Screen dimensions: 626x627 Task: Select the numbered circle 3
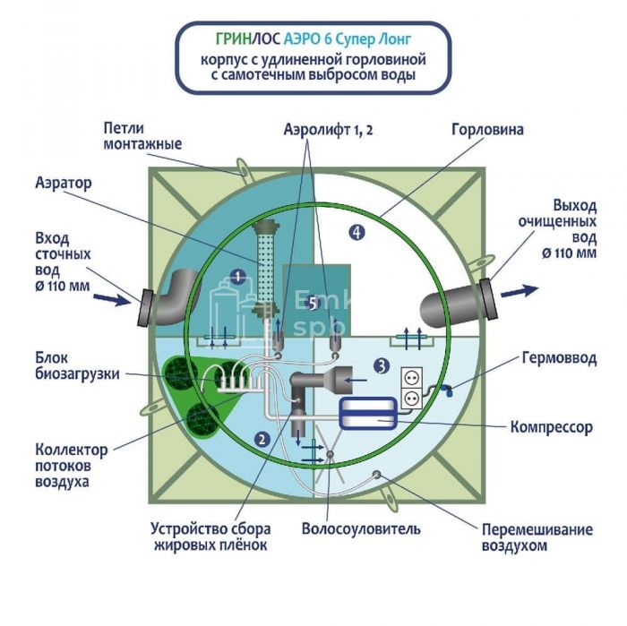(x=381, y=365)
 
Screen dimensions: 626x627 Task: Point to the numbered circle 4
(x=356, y=233)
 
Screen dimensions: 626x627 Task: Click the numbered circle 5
(x=311, y=304)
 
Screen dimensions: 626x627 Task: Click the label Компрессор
(x=551, y=427)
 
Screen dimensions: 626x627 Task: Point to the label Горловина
(x=487, y=129)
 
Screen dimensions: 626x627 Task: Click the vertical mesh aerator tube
(x=264, y=261)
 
